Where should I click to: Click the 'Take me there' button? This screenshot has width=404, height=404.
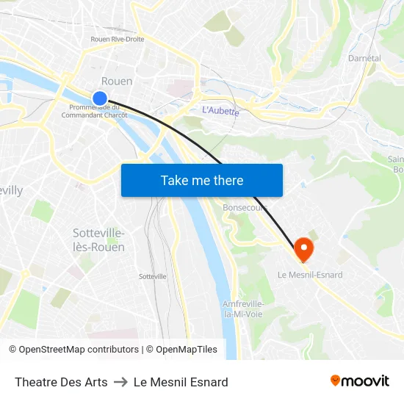202,181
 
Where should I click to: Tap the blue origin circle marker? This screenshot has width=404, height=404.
100,98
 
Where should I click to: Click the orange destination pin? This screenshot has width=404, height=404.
303,250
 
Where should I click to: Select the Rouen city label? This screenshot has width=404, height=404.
117,81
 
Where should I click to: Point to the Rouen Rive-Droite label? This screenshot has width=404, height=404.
118,39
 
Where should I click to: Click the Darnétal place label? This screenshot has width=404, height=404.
364,57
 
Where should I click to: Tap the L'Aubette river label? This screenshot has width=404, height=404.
220,111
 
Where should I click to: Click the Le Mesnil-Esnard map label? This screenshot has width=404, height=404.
310,275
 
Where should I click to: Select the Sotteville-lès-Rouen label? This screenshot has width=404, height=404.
98,240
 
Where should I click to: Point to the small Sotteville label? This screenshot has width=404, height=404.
153,276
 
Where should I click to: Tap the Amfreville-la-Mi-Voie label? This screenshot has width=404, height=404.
243,309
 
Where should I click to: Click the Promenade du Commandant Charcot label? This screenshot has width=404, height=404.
94,111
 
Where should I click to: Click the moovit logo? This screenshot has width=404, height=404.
360,381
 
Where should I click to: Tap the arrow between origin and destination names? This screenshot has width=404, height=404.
120,382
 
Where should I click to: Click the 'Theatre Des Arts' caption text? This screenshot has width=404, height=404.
61,382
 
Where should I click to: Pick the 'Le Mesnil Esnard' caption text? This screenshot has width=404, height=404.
181,382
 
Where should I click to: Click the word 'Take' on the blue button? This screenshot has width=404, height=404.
174,181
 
